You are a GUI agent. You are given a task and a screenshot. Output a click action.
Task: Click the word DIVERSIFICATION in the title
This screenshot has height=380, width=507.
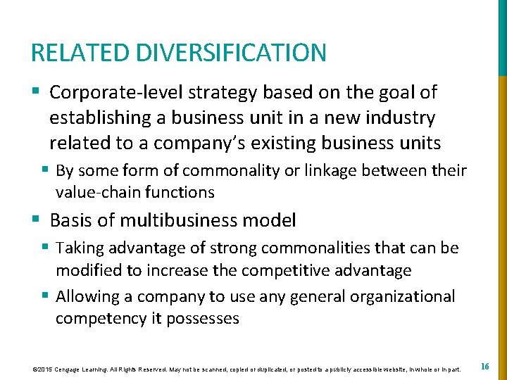(230, 53)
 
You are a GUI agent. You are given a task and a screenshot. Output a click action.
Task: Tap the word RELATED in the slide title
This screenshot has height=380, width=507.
(80, 53)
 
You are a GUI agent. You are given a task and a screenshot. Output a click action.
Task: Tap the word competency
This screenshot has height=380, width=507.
(100, 318)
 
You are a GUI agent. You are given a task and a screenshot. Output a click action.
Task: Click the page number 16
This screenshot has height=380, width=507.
(485, 367)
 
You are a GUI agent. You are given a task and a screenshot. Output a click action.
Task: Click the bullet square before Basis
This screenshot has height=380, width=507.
(35, 220)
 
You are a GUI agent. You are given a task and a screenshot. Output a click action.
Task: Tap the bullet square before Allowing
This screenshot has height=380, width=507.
(46, 296)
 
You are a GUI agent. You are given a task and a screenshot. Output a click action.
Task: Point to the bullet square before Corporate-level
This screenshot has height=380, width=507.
(35, 92)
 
